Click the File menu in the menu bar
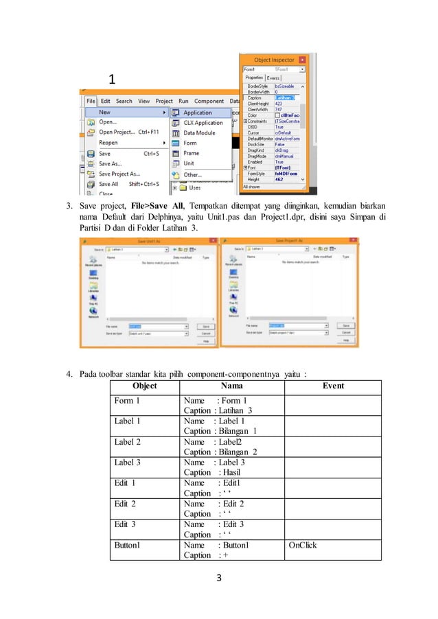[91, 101]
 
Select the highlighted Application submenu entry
[198, 113]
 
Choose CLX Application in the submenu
[203, 123]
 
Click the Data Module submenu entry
[198, 133]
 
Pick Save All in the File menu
[108, 184]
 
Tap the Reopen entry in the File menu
[108, 143]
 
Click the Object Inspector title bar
[274, 60]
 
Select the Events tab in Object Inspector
[278, 78]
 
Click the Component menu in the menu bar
[209, 101]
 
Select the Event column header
[333, 386]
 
